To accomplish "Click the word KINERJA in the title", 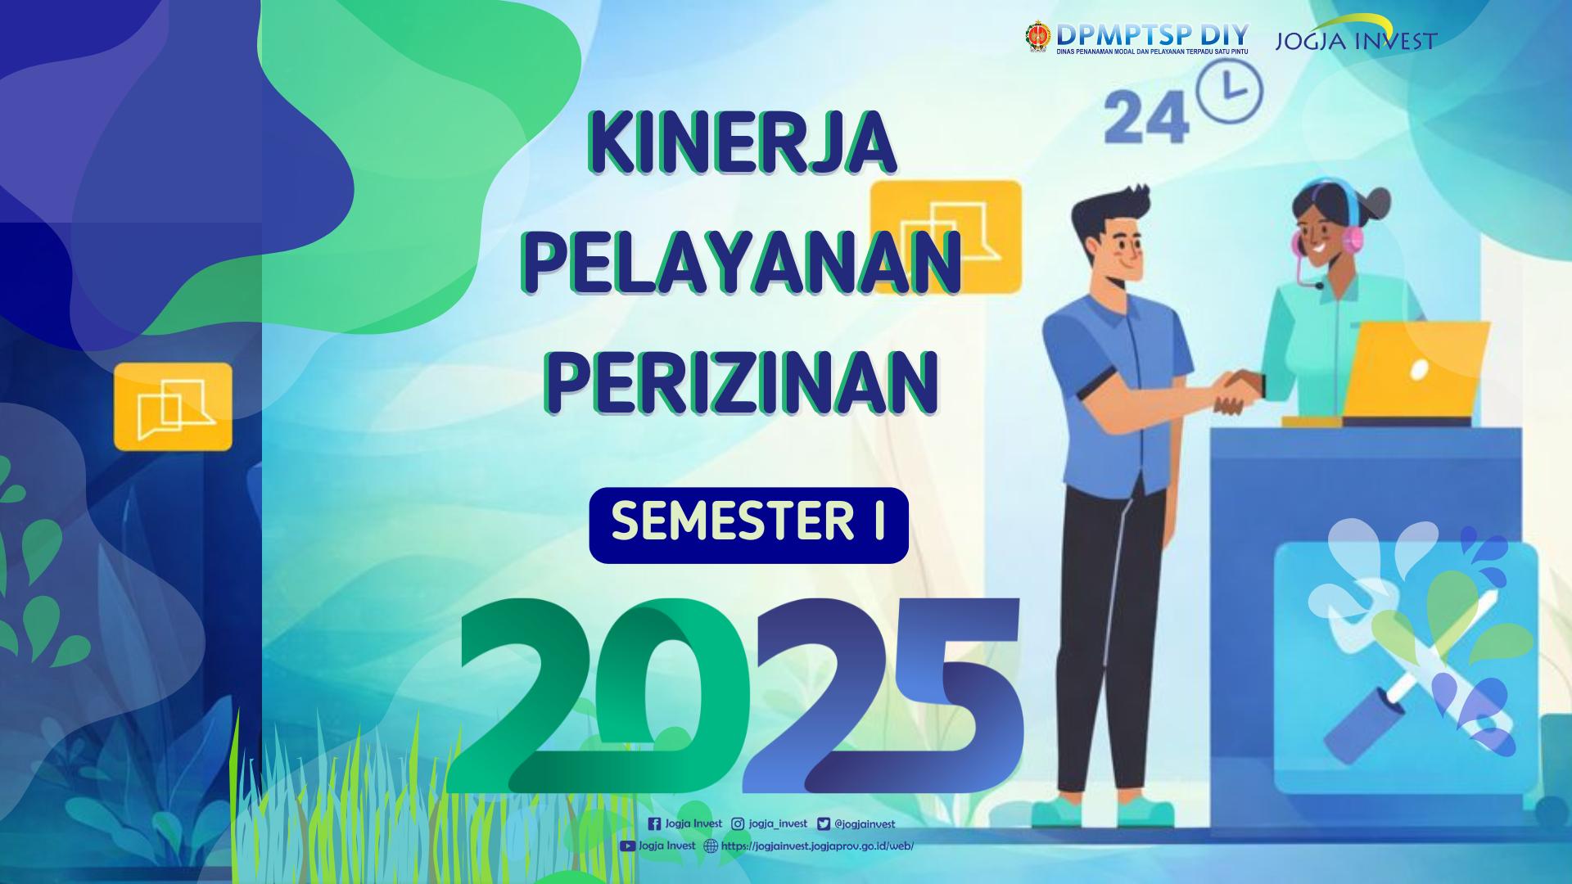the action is tap(742, 142).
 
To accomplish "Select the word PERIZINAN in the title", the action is tap(742, 382).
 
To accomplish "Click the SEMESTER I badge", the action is tap(748, 525).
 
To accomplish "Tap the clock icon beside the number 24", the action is tap(1229, 90).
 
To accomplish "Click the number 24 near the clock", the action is tap(1145, 118).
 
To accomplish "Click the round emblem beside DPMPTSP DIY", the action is tap(1037, 37).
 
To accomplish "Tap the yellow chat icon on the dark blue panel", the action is tap(173, 407).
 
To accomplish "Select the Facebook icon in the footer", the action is tap(654, 824).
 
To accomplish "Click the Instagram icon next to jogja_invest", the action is tap(738, 824).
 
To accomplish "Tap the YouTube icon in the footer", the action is tap(627, 846).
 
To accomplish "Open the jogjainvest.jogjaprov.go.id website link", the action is tap(817, 846).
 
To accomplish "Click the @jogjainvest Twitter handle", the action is tap(865, 824).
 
